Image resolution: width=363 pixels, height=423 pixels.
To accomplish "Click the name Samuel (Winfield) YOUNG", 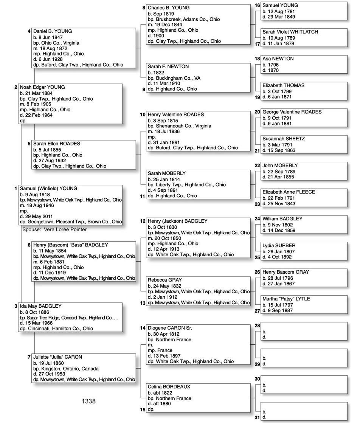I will pos(48,189).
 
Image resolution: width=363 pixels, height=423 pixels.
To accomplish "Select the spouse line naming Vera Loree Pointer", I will pos(54,229).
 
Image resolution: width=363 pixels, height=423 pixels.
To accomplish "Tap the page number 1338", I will pos(88,401).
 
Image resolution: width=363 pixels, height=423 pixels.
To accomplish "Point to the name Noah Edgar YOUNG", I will pos(42,87).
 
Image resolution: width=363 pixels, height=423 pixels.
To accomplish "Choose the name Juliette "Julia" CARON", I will pos(57,357).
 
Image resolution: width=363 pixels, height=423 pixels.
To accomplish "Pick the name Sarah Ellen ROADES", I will pos(57,144).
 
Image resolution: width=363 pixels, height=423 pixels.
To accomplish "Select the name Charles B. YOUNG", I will pos(169,8).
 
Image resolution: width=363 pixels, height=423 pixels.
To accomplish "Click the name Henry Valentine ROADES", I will pos(176,115).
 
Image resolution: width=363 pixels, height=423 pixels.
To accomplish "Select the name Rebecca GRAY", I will pos(165,280).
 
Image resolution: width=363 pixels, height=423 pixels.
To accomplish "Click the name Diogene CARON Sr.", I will pos(170,328).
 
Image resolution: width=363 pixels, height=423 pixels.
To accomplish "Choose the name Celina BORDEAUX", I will pos(169,387).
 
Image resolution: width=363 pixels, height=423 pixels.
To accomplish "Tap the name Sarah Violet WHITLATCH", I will pos(290,32).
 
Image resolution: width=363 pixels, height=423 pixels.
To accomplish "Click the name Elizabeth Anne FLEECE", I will pos(289,192).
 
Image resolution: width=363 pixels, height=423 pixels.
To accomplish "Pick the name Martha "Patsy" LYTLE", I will pos(286,299).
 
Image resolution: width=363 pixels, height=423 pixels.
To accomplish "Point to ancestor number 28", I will pos(257,326).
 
